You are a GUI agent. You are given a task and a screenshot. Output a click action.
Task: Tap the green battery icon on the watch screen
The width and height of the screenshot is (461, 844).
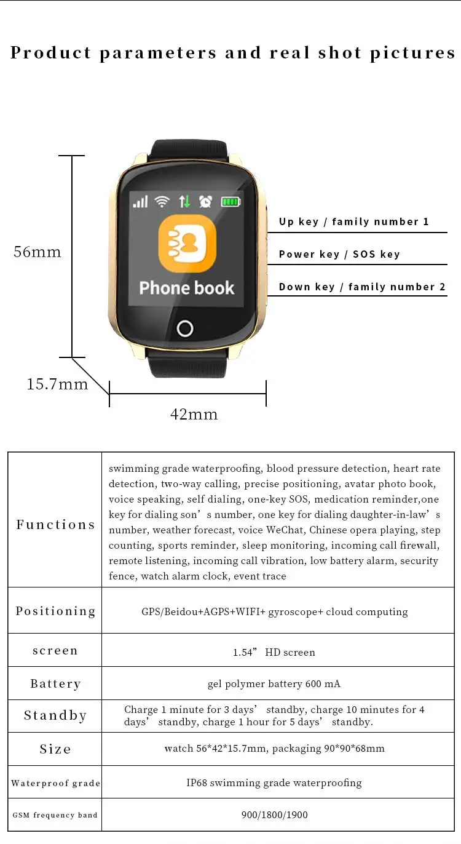point(231,201)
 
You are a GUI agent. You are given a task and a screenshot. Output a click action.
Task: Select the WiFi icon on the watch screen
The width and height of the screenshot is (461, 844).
point(162,201)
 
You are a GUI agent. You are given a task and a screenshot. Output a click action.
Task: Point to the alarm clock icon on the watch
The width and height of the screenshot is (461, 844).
point(206,201)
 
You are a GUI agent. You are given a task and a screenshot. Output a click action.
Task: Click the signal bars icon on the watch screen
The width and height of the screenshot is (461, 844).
point(141,201)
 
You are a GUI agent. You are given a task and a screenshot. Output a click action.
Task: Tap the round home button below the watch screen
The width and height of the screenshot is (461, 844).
point(185,328)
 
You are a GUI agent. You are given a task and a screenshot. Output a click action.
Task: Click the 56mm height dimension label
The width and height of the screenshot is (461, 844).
point(37,252)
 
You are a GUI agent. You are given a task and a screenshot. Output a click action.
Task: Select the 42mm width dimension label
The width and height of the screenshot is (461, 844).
point(194,415)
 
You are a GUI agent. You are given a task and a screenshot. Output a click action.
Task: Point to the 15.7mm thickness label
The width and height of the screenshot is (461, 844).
point(57,384)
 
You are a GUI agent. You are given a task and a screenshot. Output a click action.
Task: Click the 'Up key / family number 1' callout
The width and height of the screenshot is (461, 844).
point(353,221)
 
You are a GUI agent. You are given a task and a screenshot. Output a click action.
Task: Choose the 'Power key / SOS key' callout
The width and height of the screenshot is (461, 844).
point(339,254)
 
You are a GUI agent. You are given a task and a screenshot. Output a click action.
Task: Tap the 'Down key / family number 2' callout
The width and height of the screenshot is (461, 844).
point(362,287)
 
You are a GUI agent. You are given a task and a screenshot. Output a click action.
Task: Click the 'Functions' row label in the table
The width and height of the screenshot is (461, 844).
point(55,525)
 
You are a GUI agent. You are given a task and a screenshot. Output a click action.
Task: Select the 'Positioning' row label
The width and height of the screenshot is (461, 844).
point(55,611)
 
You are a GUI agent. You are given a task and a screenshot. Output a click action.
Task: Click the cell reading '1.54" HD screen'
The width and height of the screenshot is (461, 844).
point(274,651)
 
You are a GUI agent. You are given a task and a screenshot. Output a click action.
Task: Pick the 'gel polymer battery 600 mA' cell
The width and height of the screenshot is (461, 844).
point(274,683)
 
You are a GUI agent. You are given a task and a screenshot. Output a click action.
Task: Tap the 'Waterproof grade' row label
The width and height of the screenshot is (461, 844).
point(55,783)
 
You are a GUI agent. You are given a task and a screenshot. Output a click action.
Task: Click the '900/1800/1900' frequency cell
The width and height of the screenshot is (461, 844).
point(274,815)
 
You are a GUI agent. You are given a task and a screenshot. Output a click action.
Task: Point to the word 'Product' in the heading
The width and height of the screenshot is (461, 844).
point(52,53)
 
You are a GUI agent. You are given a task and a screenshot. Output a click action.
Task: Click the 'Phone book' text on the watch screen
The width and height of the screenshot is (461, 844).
point(187,288)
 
